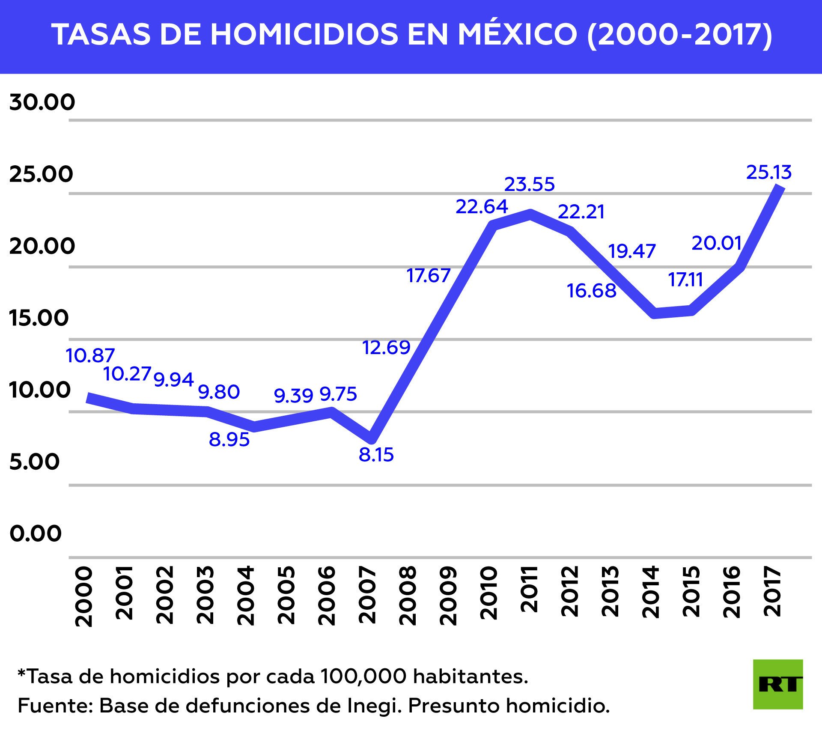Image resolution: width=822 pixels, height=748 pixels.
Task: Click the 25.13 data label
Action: (x=769, y=172)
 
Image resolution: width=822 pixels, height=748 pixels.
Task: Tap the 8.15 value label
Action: (x=376, y=455)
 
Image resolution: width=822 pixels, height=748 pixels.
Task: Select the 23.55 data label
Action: (x=529, y=185)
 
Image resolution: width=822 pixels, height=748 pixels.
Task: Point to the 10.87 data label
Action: (x=90, y=355)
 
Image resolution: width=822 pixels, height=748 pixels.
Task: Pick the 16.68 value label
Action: (x=592, y=291)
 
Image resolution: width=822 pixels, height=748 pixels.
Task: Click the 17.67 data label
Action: (x=428, y=276)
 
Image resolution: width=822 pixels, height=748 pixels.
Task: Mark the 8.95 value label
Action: (x=229, y=440)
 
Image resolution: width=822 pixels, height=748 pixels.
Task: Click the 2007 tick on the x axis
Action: (x=367, y=595)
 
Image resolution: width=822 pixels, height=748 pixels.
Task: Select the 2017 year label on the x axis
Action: (x=772, y=592)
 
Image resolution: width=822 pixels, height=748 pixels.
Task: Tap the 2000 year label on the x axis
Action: (x=84, y=596)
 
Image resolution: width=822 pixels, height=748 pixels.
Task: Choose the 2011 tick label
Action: (x=529, y=589)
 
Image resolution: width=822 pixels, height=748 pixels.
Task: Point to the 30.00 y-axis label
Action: (x=42, y=102)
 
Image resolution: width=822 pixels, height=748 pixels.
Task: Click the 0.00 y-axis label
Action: (x=36, y=534)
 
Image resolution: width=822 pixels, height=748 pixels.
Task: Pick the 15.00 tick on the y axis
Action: (x=39, y=318)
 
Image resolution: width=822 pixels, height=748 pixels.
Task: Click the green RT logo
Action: (x=777, y=684)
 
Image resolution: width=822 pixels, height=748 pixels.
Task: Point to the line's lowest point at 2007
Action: (x=372, y=439)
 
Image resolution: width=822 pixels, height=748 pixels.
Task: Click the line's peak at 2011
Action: (x=530, y=214)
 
